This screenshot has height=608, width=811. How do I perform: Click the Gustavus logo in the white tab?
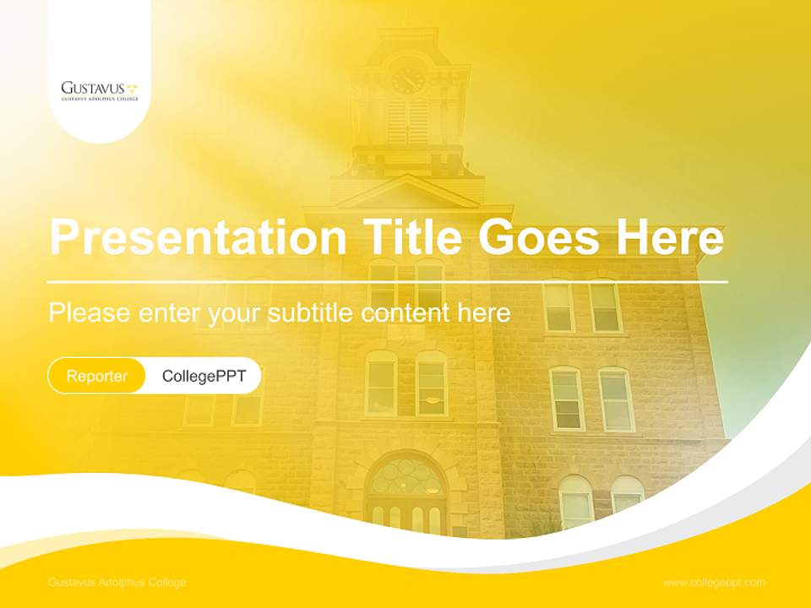tap(99, 90)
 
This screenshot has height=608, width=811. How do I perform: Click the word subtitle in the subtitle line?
tap(312, 313)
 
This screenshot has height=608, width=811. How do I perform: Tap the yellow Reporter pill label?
tap(97, 377)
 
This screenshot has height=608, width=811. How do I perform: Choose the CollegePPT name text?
tap(204, 377)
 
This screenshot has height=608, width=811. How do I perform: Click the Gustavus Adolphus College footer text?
tap(117, 583)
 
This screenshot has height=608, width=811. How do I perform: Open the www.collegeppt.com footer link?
tap(714, 583)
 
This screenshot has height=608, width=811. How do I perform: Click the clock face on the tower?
tap(408, 79)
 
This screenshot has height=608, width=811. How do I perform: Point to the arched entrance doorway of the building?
tap(407, 494)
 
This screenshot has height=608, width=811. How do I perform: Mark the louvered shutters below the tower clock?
tap(408, 122)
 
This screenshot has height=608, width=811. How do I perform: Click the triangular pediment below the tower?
tap(408, 193)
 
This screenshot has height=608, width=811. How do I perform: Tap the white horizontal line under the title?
tap(388, 281)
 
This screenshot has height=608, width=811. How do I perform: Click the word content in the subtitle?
tap(405, 313)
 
